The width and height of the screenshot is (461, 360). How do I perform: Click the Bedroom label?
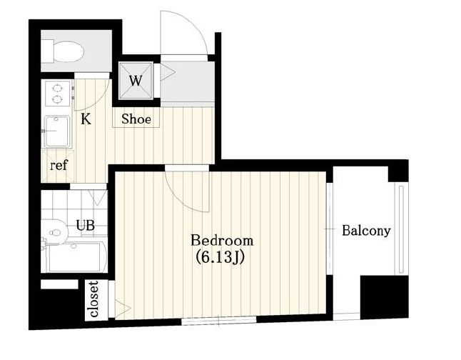tap(222, 241)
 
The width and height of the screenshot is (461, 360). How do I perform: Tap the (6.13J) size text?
tap(221, 258)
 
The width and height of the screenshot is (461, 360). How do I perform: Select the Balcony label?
tap(366, 231)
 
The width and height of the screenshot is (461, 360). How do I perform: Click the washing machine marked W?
tap(136, 81)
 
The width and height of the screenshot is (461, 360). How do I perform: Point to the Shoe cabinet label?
tap(136, 119)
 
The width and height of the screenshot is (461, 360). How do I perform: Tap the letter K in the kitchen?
tap(86, 119)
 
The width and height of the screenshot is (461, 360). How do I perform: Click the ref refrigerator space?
tap(59, 166)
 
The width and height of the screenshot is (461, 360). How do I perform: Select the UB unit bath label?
tap(85, 226)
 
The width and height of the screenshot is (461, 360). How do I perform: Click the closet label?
tap(93, 299)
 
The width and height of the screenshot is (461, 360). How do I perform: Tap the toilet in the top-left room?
tap(63, 52)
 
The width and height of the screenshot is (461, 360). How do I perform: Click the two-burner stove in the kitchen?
tap(57, 94)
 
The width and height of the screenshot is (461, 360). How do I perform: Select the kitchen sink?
tap(57, 131)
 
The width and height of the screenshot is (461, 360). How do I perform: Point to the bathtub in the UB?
tap(77, 257)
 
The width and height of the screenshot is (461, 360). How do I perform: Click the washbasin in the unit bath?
tap(55, 233)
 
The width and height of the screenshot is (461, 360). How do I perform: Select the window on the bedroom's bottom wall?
tap(219, 320)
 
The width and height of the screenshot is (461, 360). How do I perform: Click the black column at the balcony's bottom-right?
tap(385, 296)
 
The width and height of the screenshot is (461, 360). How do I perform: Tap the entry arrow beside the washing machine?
tap(168, 73)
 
